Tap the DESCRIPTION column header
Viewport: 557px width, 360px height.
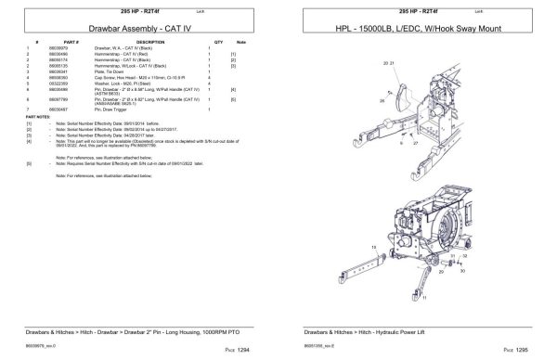pyautogui.click(x=149, y=43)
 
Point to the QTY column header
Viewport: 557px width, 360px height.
pyautogui.click(x=218, y=43)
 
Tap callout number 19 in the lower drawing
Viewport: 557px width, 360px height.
pyautogui.click(x=372, y=248)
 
